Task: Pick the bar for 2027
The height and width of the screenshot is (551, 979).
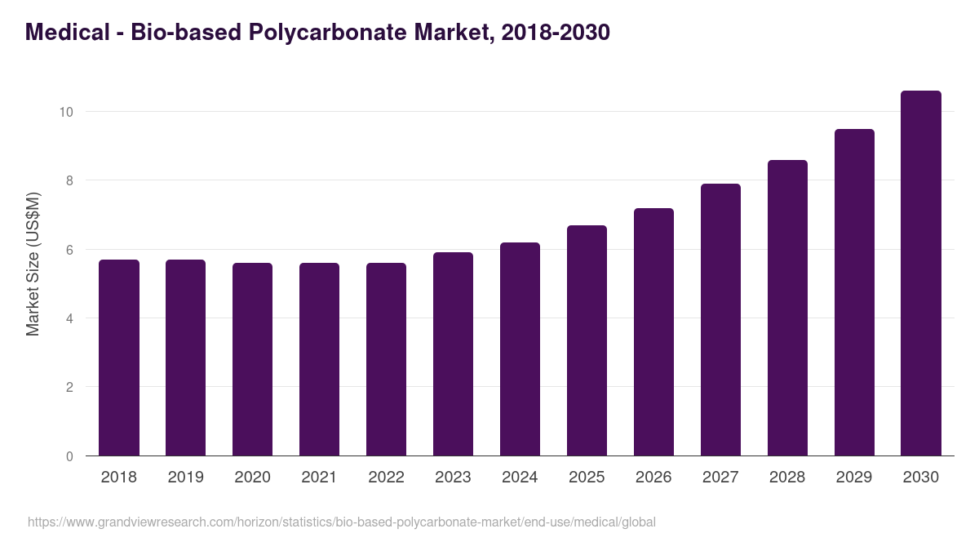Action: click(720, 320)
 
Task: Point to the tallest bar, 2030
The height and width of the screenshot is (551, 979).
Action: click(921, 273)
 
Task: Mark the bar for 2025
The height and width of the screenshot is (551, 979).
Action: click(587, 340)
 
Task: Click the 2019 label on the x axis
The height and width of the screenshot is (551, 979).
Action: click(186, 478)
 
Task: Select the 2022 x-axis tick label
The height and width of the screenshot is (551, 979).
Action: click(387, 478)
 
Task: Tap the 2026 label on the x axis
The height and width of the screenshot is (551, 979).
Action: click(653, 478)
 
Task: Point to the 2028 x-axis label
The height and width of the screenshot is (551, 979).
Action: click(787, 478)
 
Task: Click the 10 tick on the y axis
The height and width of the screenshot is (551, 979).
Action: click(65, 112)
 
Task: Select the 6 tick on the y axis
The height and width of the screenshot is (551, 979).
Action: click(69, 250)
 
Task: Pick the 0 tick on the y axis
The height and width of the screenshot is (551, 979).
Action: click(69, 456)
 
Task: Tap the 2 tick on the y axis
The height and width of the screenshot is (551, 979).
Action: click(69, 388)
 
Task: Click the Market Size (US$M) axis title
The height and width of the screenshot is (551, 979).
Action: click(33, 264)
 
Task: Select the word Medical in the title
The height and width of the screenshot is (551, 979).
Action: click(68, 33)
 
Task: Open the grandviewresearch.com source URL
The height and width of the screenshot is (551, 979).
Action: click(342, 522)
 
